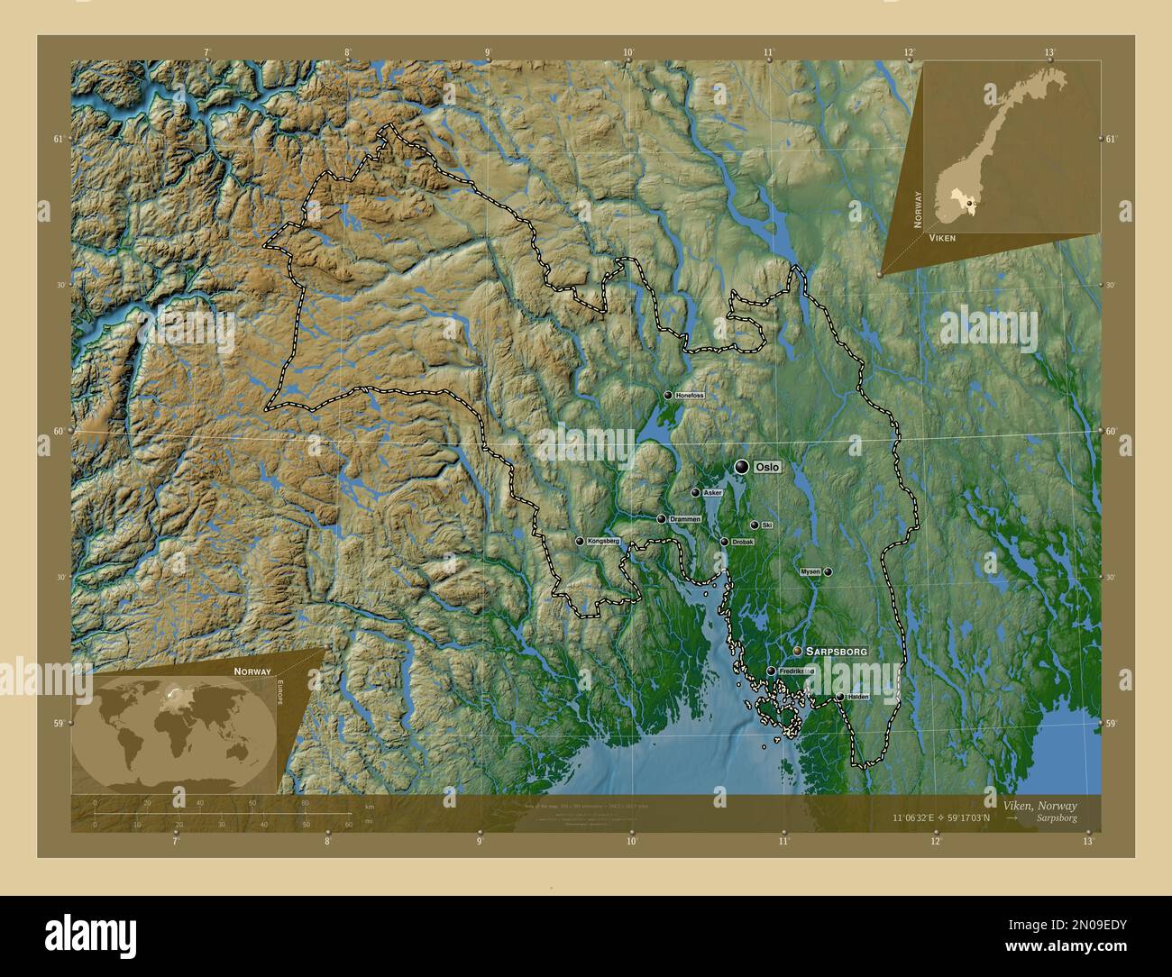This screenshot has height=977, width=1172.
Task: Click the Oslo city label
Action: (767, 467)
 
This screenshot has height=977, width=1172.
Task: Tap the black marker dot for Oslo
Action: (742, 466)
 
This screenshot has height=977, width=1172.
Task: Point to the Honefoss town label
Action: (690, 396)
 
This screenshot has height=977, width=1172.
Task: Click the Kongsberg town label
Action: (603, 541)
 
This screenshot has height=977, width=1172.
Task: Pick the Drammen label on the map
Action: (684, 519)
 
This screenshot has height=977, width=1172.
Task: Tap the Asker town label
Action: (712, 493)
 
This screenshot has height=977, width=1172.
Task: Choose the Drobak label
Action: (743, 542)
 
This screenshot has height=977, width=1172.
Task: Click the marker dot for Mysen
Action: (828, 571)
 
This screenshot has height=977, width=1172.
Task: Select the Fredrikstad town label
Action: (796, 671)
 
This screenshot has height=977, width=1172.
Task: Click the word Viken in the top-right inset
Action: (942, 237)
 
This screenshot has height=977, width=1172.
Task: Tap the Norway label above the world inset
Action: (252, 672)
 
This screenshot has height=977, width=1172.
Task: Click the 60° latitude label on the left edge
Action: (60, 432)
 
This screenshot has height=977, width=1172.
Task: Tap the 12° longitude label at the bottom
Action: (936, 842)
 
